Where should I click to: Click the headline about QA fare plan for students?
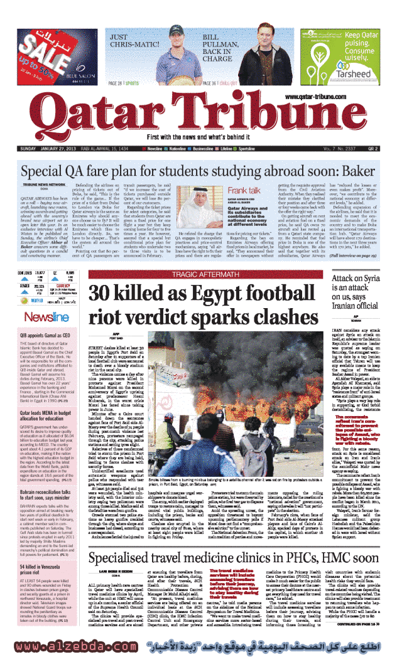[198, 171]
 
